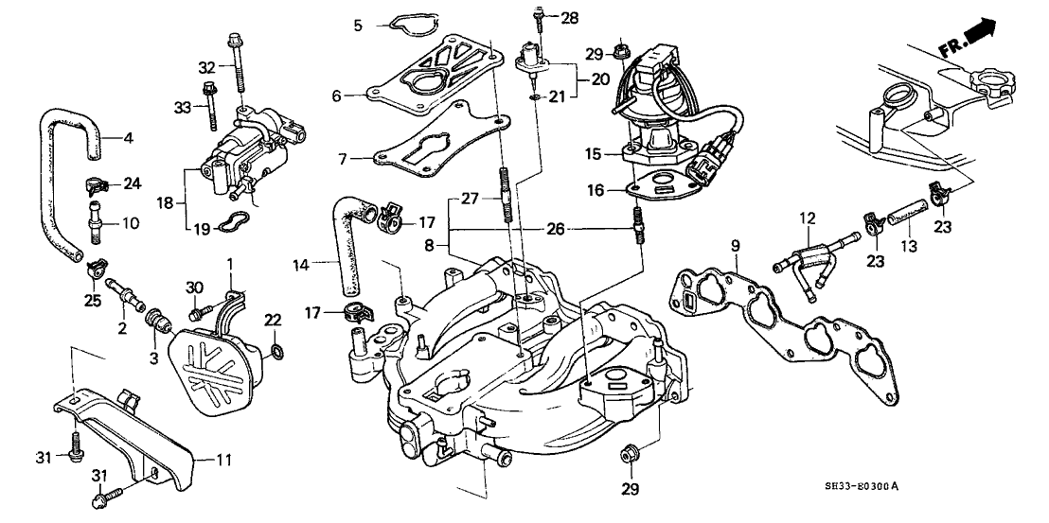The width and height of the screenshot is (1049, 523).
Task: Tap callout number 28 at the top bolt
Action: [x=568, y=19]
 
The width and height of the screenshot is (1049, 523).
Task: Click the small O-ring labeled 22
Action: [x=275, y=353]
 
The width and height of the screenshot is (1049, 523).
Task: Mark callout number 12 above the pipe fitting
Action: [x=806, y=219]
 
